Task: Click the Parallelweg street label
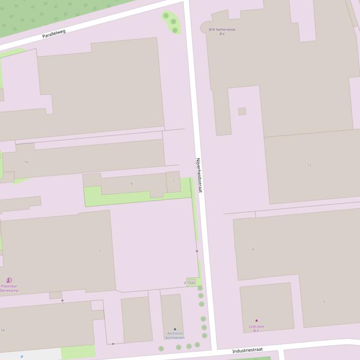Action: [x=54, y=34]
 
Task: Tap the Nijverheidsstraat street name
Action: [x=199, y=175]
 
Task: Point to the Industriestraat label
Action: [x=247, y=350]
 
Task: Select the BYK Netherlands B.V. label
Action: [x=222, y=31]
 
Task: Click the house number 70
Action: [x=26, y=162]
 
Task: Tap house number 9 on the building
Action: [x=131, y=184]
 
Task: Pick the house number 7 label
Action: [x=173, y=181]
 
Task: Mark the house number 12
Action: [x=309, y=165]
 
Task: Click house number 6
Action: [x=253, y=249]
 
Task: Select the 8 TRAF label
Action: [x=190, y=283]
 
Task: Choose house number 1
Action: [x=139, y=331]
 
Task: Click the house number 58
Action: [x=3, y=330]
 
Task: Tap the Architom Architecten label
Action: [x=175, y=335]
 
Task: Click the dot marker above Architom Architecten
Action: [x=175, y=329]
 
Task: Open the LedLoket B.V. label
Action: [x=256, y=328]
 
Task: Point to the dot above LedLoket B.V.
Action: [x=256, y=321]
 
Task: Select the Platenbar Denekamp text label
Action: [x=9, y=288]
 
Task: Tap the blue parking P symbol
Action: [x=22, y=357]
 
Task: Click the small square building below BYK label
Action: [x=242, y=111]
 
